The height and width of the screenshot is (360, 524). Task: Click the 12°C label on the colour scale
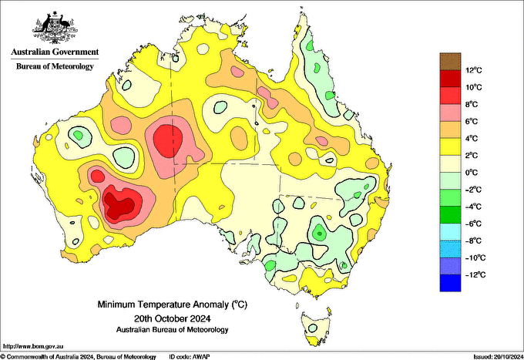point(473,71)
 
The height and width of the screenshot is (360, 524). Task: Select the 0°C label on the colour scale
point(472,173)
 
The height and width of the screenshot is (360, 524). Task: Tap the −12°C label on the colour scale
point(474,274)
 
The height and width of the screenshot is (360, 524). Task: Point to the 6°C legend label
point(472,122)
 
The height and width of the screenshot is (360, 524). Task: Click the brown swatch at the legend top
point(448,62)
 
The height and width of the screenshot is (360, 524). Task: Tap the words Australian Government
point(55,52)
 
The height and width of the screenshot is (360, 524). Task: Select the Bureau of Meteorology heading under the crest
point(55,66)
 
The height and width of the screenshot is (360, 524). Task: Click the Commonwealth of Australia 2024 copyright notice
point(79,356)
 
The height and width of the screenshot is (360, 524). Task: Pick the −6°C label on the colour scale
point(473,224)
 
